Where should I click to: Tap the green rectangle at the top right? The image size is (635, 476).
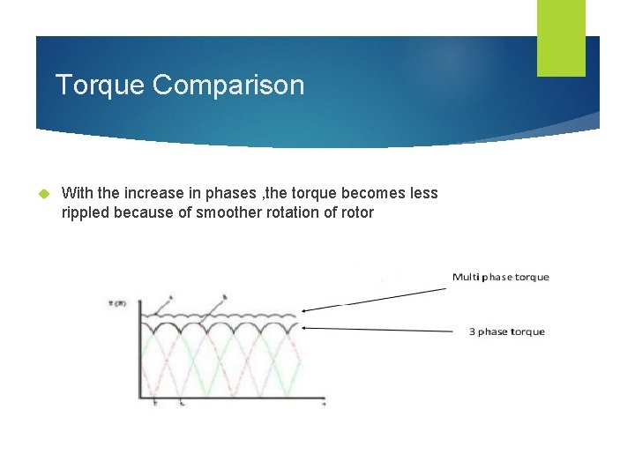(x=561, y=38)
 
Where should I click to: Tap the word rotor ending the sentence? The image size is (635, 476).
(x=355, y=212)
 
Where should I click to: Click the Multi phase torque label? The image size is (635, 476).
(x=500, y=277)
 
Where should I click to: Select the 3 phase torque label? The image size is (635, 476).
(x=506, y=331)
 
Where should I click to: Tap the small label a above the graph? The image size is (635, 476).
(x=169, y=297)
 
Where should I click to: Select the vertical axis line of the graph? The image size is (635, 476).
(x=139, y=353)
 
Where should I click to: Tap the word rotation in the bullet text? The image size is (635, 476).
(x=287, y=212)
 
